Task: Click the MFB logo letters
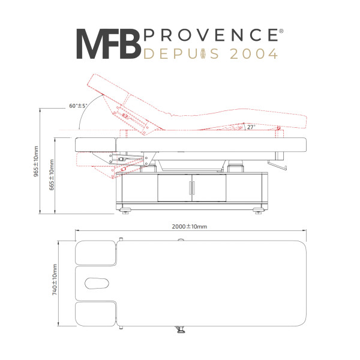109,44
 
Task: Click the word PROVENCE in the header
211,35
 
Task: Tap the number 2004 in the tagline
254,54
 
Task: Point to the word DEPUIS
181,54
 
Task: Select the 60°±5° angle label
78,106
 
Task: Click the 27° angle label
251,127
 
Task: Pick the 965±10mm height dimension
36,161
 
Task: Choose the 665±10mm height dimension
52,175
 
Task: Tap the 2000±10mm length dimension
190,227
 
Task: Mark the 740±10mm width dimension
55,280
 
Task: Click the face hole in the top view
97,283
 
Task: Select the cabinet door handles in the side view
192,188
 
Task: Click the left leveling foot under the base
125,211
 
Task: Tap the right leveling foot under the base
258,211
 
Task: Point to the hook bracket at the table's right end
277,166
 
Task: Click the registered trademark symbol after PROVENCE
281,31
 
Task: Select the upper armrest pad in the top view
95,253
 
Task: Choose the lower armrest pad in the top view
95,314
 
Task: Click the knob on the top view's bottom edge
181,329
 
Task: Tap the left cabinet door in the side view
175,188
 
